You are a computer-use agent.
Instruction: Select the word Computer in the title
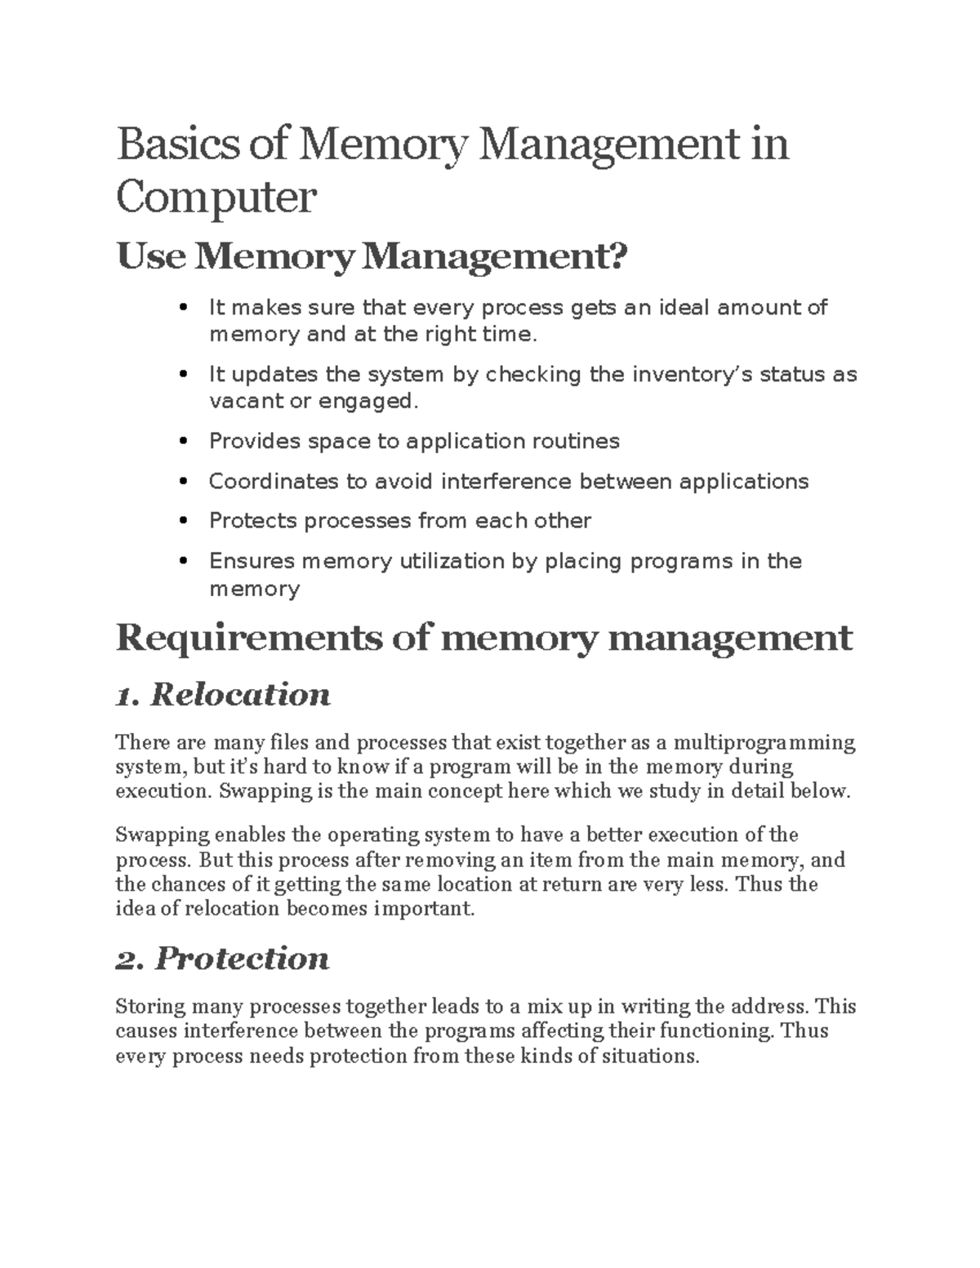coord(216,198)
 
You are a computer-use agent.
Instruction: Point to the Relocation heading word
coord(241,695)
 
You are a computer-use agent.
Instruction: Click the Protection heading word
coord(243,959)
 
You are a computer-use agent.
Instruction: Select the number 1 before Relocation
coord(125,696)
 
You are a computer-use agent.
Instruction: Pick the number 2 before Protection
coord(129,960)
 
